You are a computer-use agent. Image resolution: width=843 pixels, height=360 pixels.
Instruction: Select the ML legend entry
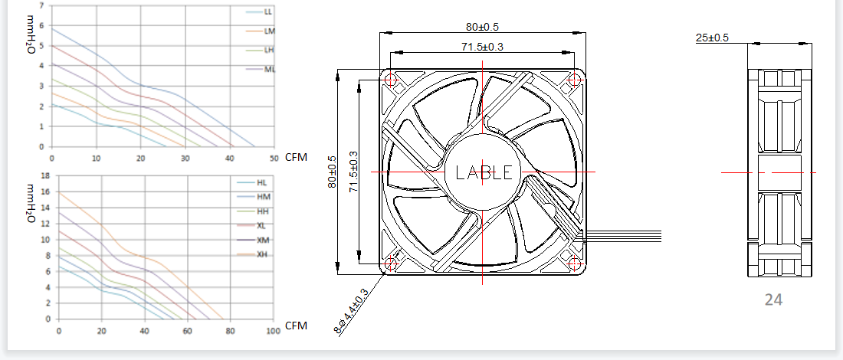pos(261,69)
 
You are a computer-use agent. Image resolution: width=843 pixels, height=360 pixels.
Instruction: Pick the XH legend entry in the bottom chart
pos(253,254)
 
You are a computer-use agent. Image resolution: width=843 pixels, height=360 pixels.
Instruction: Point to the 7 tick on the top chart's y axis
pos(42,5)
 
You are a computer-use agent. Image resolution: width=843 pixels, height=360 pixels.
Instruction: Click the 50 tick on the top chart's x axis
pos(273,158)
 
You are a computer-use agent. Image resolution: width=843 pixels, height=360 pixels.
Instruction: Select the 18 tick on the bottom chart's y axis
pos(45,175)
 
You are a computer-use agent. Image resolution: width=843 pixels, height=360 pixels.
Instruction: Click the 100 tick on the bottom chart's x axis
pos(273,330)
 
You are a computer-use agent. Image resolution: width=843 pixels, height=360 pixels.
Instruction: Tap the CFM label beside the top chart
pos(296,158)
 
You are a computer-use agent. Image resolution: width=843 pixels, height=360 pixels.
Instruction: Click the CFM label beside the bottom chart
pos(296,326)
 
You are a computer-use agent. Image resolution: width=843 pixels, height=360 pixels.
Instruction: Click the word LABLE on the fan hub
pos(484,172)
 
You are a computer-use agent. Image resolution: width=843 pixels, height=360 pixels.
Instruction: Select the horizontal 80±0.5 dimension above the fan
pos(485,27)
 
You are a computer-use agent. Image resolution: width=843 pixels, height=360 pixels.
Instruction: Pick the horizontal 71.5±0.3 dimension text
pos(482,47)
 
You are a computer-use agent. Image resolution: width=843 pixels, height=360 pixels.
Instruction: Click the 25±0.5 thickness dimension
pos(713,38)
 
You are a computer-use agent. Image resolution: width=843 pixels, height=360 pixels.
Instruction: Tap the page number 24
pos(773,299)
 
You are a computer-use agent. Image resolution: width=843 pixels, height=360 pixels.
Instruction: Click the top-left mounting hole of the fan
pos(391,80)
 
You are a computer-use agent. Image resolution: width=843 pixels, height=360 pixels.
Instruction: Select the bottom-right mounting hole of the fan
pos(574,263)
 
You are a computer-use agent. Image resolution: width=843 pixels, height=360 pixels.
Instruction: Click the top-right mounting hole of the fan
pos(574,80)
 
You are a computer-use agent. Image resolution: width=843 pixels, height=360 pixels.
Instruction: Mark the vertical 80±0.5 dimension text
pos(333,172)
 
